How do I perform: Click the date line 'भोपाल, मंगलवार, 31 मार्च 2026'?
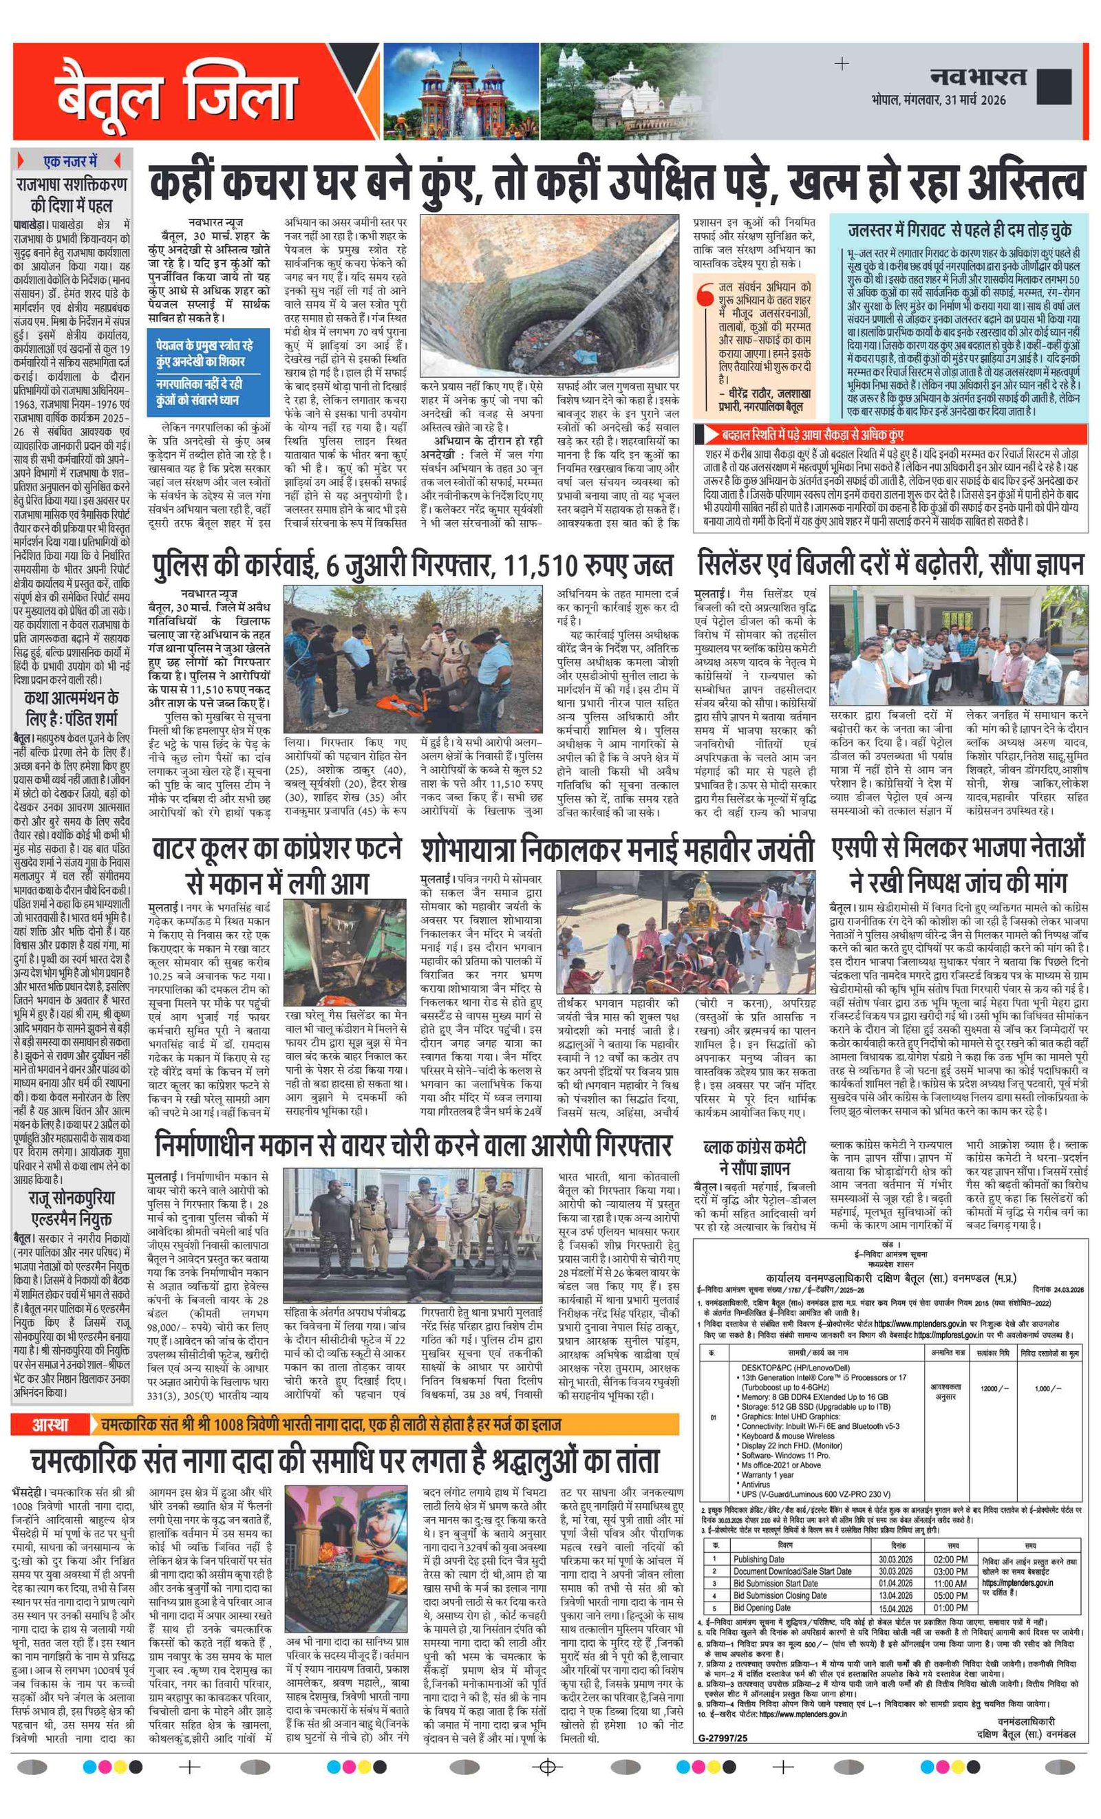(938, 100)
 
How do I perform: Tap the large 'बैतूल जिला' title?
(175, 94)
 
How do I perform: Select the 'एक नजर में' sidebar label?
(71, 161)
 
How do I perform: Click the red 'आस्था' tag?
(49, 907)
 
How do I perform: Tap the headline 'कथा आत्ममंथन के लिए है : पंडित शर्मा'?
(71, 707)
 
